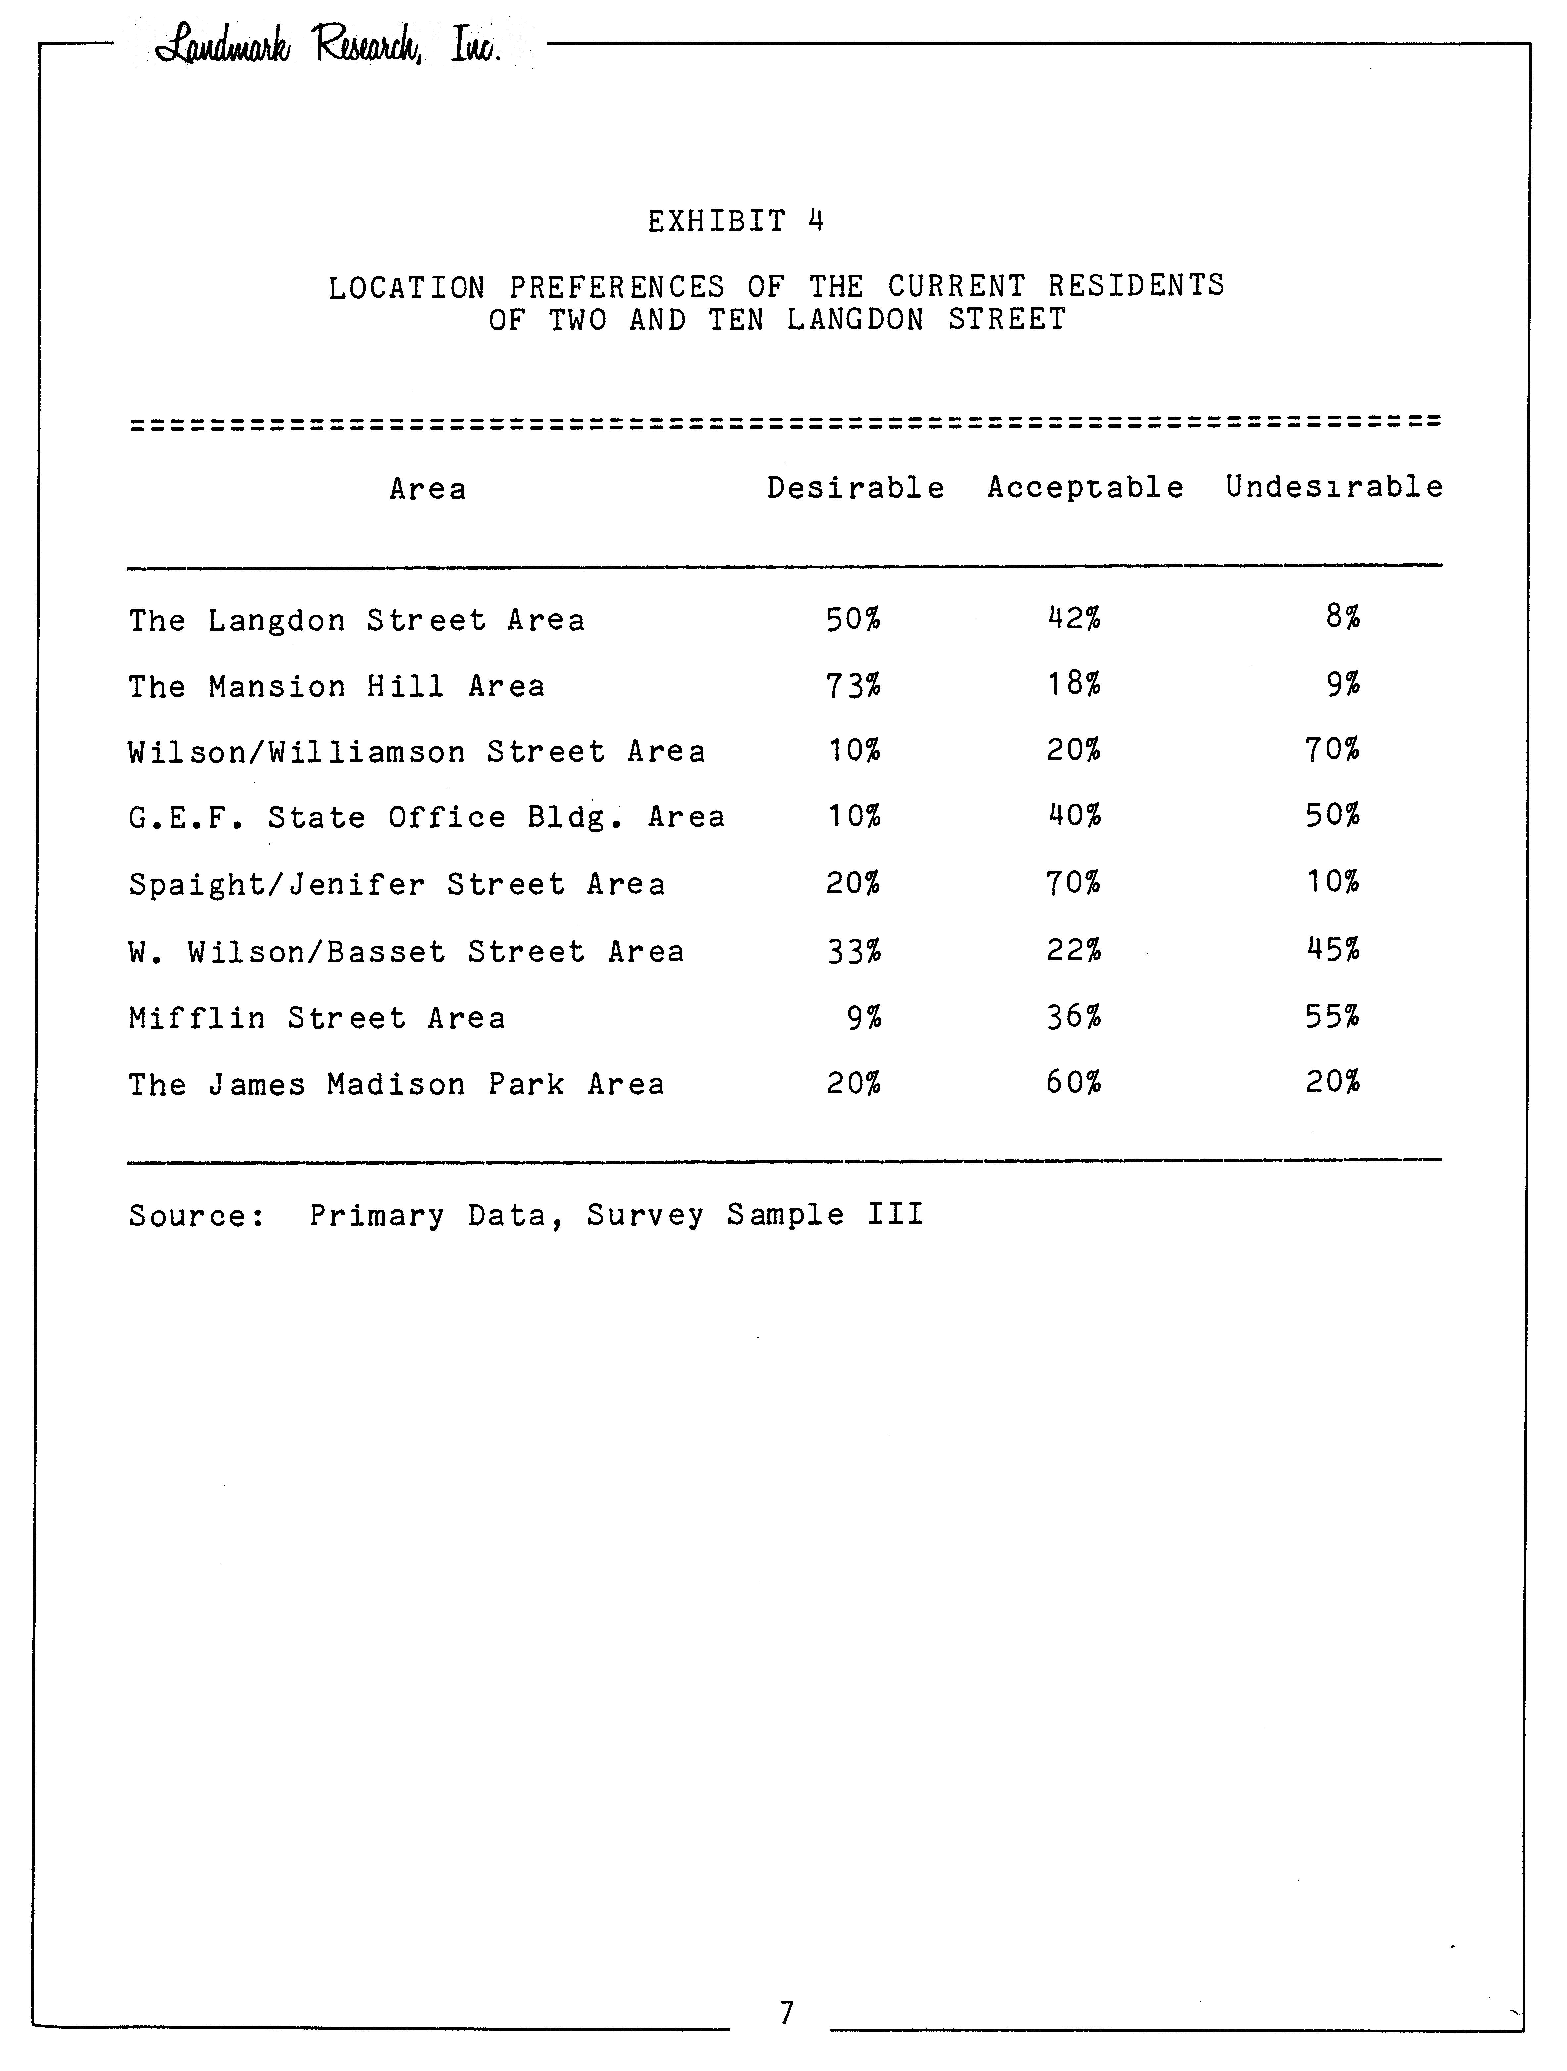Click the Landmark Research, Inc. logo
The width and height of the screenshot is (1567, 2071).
[x=328, y=45]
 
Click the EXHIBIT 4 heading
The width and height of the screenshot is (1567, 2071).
[x=736, y=222]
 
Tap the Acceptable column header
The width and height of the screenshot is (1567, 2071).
[x=1085, y=488]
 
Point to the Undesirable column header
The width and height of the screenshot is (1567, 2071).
[x=1334, y=487]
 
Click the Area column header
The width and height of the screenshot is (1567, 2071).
[x=428, y=489]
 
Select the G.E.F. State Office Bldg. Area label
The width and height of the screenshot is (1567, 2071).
[x=427, y=817]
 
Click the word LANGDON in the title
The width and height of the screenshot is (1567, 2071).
[x=855, y=320]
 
